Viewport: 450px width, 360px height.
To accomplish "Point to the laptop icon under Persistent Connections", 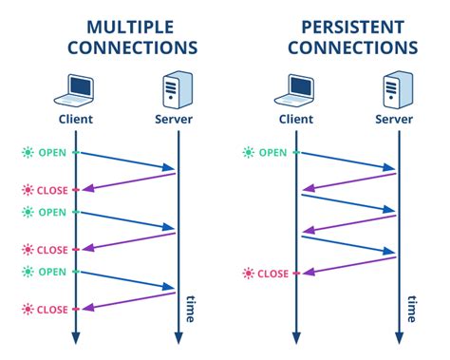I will (295, 88).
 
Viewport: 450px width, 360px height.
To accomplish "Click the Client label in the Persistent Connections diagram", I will (295, 121).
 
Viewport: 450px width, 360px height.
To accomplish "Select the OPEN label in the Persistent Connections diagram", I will (272, 152).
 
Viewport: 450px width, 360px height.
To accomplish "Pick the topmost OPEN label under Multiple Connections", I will (52, 152).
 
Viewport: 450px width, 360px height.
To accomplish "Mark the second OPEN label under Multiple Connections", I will (52, 212).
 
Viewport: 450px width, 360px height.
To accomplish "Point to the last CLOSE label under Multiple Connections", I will (52, 309).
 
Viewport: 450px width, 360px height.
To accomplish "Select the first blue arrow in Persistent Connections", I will (347, 161).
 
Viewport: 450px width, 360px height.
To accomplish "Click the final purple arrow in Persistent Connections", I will (347, 265).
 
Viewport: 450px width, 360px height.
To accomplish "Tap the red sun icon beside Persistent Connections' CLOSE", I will (249, 274).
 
